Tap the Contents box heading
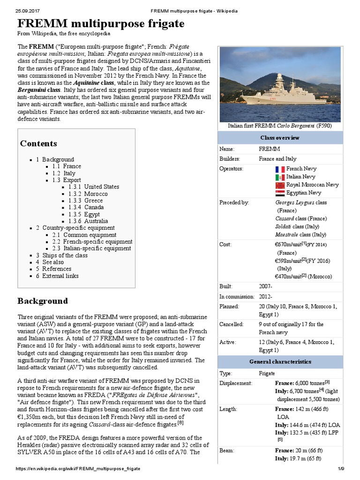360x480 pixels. point(38,143)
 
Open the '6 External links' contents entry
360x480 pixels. point(57,276)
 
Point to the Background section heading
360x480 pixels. point(42,300)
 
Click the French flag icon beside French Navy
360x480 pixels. point(280,169)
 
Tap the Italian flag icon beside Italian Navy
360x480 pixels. point(280,177)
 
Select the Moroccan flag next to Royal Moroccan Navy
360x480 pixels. point(280,185)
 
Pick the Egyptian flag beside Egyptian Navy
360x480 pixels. point(280,193)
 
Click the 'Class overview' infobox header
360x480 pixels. point(280,138)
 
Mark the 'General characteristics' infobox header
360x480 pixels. point(280,362)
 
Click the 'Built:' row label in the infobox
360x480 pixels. point(226,286)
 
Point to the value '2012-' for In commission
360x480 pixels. point(265,296)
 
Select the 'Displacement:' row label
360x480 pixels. point(236,383)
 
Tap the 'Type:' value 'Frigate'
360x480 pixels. point(267,373)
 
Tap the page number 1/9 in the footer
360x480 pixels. point(341,469)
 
